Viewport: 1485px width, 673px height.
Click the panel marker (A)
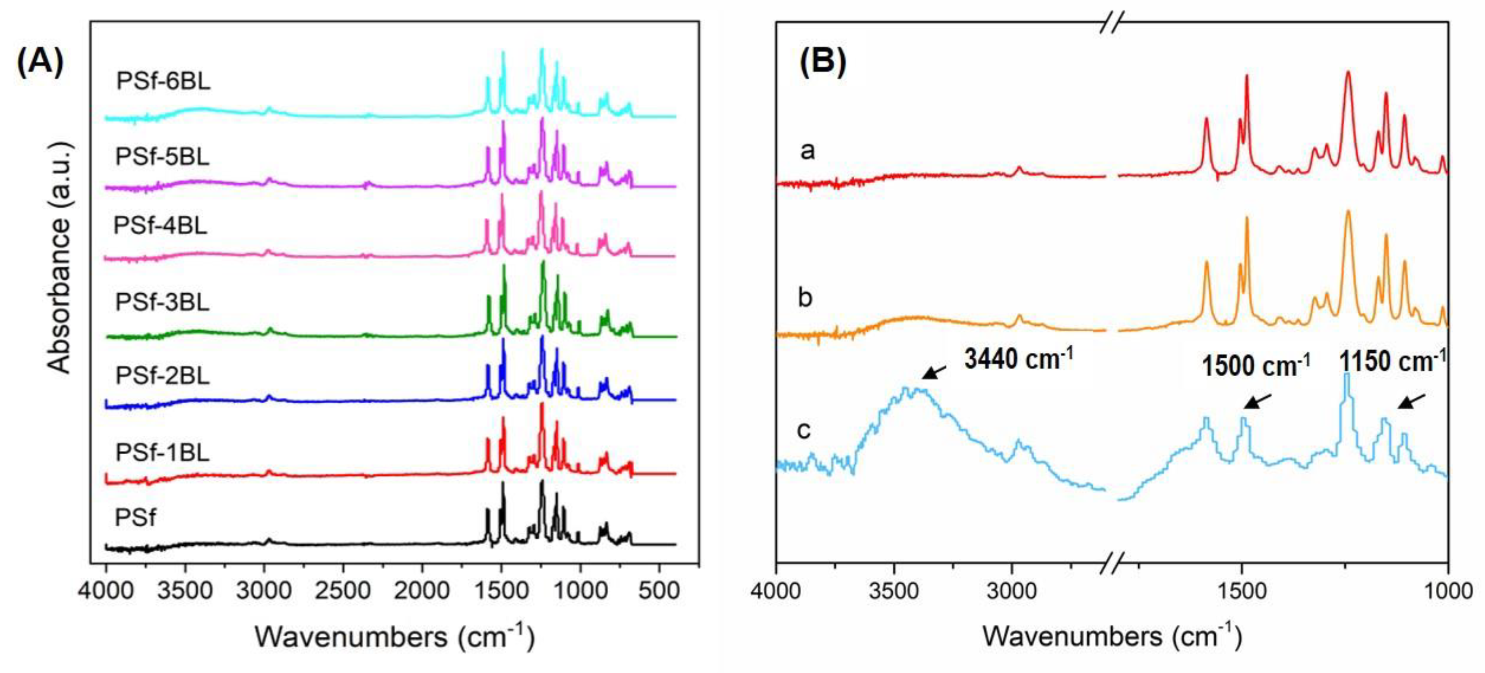click(40, 62)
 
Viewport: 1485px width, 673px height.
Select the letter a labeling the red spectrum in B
click(808, 151)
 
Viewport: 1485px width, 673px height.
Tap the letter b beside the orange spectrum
click(806, 298)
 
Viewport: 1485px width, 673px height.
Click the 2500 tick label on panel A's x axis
click(343, 592)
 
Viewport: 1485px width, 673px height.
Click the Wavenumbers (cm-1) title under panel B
click(1112, 637)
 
